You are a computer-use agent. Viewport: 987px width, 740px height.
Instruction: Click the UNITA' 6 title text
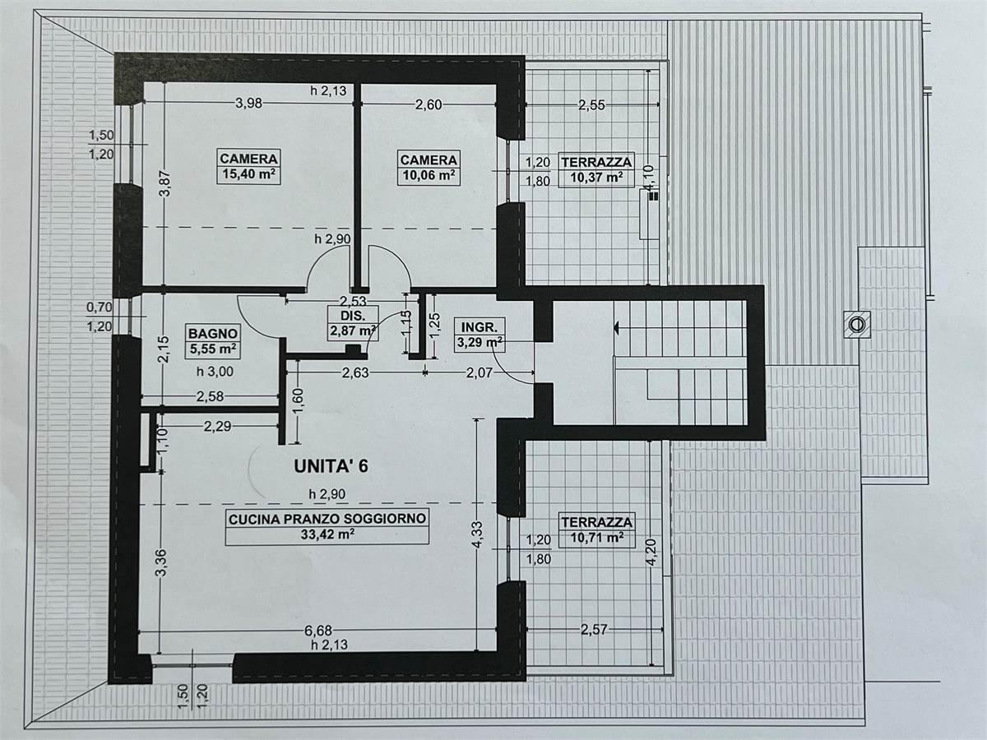[x=331, y=466]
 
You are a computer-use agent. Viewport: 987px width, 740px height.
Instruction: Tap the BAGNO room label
[x=213, y=333]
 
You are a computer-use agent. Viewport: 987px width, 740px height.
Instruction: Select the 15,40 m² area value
[x=248, y=173]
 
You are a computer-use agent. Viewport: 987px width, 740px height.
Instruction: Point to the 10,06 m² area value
[x=429, y=175]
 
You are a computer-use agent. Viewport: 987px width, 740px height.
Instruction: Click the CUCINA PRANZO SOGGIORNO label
[x=327, y=519]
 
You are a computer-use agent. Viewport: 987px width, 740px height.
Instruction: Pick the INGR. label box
[x=477, y=335]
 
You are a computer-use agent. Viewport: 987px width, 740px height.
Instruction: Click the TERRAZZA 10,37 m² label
[x=596, y=169]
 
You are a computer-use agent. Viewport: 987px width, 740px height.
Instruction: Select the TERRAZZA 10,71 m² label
[x=596, y=530]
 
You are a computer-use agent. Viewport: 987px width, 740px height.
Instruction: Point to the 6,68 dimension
[x=318, y=631]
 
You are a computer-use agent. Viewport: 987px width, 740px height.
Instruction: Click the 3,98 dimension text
[x=248, y=104]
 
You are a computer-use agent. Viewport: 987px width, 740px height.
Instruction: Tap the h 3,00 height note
[x=215, y=372]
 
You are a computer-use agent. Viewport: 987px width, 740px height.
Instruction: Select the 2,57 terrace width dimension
[x=594, y=630]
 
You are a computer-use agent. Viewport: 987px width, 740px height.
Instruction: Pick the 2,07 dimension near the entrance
[x=480, y=372]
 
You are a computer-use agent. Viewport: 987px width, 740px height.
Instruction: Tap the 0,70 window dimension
[x=100, y=308]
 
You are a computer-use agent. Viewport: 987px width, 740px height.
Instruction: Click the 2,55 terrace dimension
[x=591, y=105]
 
